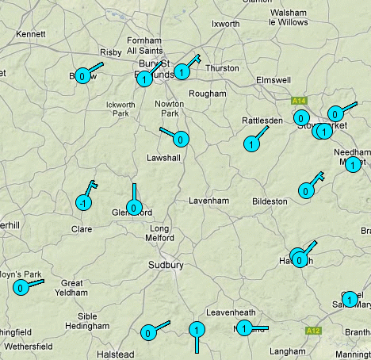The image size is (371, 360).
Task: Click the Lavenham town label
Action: [x=208, y=201]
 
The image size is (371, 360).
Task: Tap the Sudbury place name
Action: [x=166, y=265]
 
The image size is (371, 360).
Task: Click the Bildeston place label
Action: [x=269, y=201]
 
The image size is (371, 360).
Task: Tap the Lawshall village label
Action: [x=164, y=158]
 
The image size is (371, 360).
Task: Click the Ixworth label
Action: [x=225, y=24]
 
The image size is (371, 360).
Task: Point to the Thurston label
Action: [x=222, y=68]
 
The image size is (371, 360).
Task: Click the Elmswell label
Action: [x=273, y=80]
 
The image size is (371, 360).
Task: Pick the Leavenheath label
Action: [x=231, y=312]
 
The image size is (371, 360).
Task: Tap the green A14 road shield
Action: [x=299, y=101]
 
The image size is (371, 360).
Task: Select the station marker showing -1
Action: [x=82, y=203]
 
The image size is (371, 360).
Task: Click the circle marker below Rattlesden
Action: [x=251, y=144]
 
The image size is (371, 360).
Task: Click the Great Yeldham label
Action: [x=73, y=288]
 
